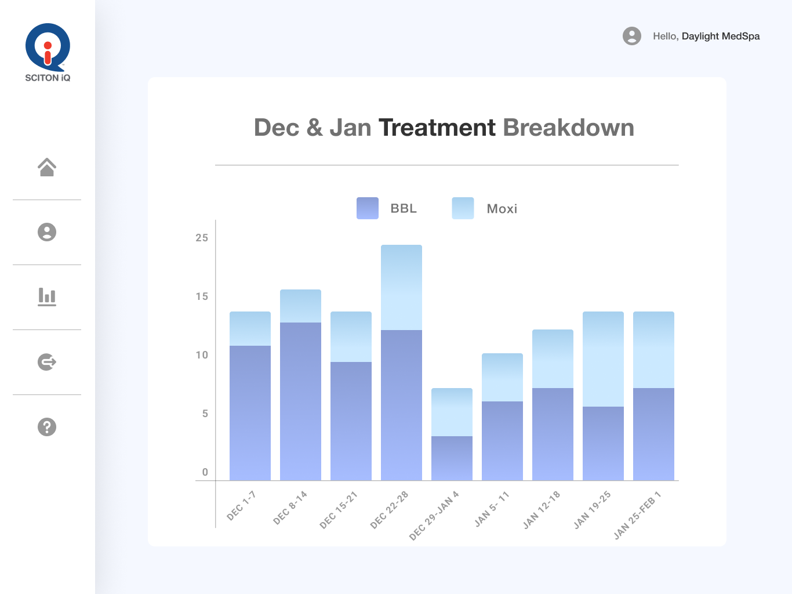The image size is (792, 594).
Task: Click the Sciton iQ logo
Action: pos(48,52)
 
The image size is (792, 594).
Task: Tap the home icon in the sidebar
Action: pos(47,167)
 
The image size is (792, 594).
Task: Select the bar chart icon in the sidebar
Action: pos(47,296)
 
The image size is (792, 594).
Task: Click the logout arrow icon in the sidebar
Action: pos(47,362)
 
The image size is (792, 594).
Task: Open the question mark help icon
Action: pos(47,427)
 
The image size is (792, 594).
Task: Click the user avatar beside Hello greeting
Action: pos(632,36)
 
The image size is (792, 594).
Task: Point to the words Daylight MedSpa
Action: pos(721,36)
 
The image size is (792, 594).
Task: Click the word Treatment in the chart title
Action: pos(437,128)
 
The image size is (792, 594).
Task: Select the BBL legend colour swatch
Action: pos(368,208)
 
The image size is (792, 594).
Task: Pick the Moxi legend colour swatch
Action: pos(463,208)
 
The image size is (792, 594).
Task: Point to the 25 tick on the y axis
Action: pos(202,238)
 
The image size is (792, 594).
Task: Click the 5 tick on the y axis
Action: pos(205,414)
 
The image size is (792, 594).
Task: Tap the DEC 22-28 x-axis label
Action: pos(389,510)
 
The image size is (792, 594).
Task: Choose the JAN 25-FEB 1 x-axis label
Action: pos(637,515)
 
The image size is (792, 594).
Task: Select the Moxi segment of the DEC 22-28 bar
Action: pos(401,287)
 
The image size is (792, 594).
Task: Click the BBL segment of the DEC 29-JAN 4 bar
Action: pos(452,458)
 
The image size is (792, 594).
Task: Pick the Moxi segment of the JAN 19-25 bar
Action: pos(603,359)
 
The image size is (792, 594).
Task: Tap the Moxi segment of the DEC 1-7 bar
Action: pos(250,328)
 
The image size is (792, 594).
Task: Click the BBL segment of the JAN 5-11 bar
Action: pos(502,441)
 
